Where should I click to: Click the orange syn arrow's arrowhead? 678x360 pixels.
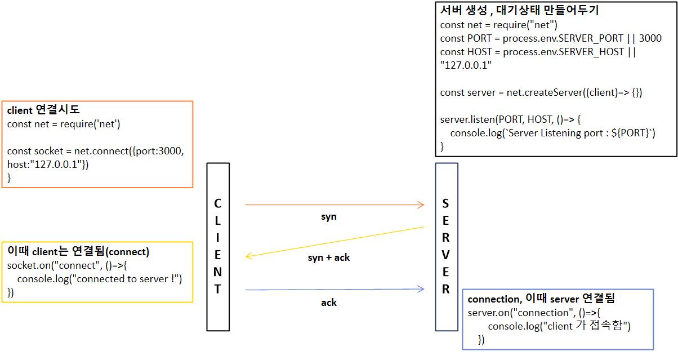coord(420,205)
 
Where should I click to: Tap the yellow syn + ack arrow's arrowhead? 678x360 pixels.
coord(249,256)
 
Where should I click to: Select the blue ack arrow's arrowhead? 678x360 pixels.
coord(420,290)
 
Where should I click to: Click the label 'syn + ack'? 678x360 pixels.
coord(329,257)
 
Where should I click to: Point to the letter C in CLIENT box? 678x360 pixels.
coord(218,203)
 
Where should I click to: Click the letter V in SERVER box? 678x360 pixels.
coord(446,254)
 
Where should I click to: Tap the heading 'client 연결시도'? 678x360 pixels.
coord(43,110)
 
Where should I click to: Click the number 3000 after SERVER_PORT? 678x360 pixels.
coord(650,38)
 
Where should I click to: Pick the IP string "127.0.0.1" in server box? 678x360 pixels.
coord(466,65)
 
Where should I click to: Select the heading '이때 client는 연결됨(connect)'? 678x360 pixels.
coord(78,251)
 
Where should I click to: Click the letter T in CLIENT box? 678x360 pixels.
coord(218,289)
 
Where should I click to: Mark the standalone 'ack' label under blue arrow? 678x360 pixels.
coord(329,303)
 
